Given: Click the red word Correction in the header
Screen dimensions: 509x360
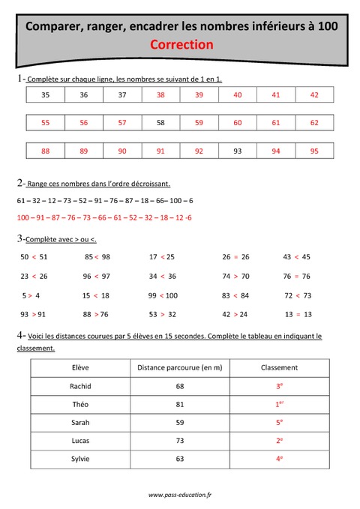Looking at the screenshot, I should point(181,44).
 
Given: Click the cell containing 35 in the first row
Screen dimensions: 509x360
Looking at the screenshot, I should point(45,94).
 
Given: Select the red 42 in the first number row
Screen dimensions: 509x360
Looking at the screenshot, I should point(313,94).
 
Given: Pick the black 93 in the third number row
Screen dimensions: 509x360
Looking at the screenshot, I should point(238,151).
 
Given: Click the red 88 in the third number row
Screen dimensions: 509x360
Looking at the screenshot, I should point(45,151).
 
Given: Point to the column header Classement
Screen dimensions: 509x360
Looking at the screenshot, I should point(279,368).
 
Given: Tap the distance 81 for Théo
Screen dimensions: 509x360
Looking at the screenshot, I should point(179,404).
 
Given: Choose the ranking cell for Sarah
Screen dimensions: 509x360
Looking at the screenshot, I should point(279,422).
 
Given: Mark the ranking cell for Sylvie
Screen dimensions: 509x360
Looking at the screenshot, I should point(279,458).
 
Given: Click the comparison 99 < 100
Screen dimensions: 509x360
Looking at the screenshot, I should point(163,295).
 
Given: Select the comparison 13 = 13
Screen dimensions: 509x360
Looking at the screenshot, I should point(298,314).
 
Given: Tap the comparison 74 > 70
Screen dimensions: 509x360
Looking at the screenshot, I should point(235,276).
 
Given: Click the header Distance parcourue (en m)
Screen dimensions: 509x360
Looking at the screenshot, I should point(179,368).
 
